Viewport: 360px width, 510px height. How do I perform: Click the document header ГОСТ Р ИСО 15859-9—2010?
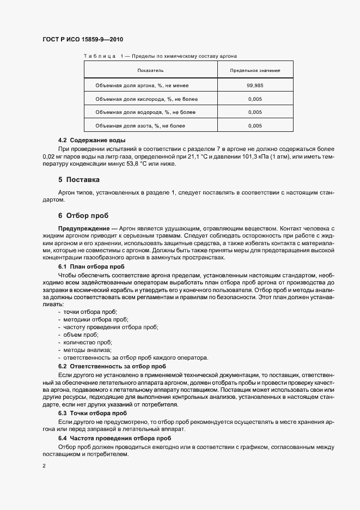86,40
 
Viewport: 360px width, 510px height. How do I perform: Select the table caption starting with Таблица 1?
160,56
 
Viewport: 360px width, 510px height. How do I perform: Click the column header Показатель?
150,71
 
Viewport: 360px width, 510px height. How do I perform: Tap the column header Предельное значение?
255,71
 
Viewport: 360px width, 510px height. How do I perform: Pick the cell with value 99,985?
255,86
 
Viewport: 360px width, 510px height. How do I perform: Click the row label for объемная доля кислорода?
147,99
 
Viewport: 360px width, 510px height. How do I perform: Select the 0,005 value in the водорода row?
255,113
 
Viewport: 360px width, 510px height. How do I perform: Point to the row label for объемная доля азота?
141,126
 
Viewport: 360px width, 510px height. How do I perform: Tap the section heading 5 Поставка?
79,179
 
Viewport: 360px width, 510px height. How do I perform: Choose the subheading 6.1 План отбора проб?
91,267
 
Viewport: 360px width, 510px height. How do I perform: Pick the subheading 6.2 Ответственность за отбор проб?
112,366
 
